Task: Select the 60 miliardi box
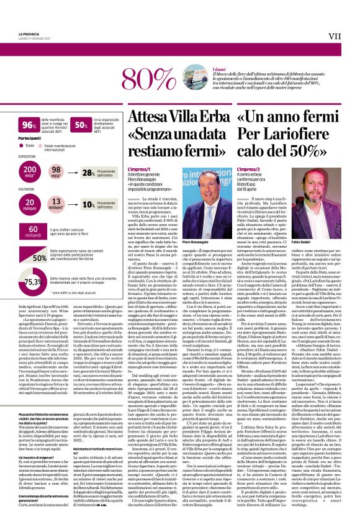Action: tap(28, 233)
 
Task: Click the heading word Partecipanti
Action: tap(29, 138)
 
